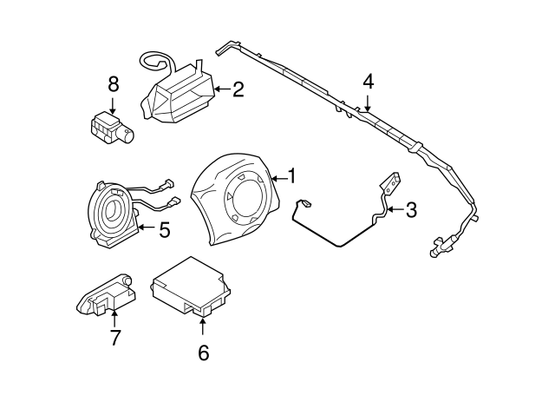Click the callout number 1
[292, 176]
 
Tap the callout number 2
[238, 88]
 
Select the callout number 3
[411, 209]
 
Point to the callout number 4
[369, 82]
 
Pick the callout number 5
[164, 230]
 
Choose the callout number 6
[203, 353]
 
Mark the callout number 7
[114, 337]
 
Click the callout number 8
[112, 84]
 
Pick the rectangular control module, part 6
[192, 286]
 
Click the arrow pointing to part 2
[220, 88]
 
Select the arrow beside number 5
[144, 230]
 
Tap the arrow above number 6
[203, 327]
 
